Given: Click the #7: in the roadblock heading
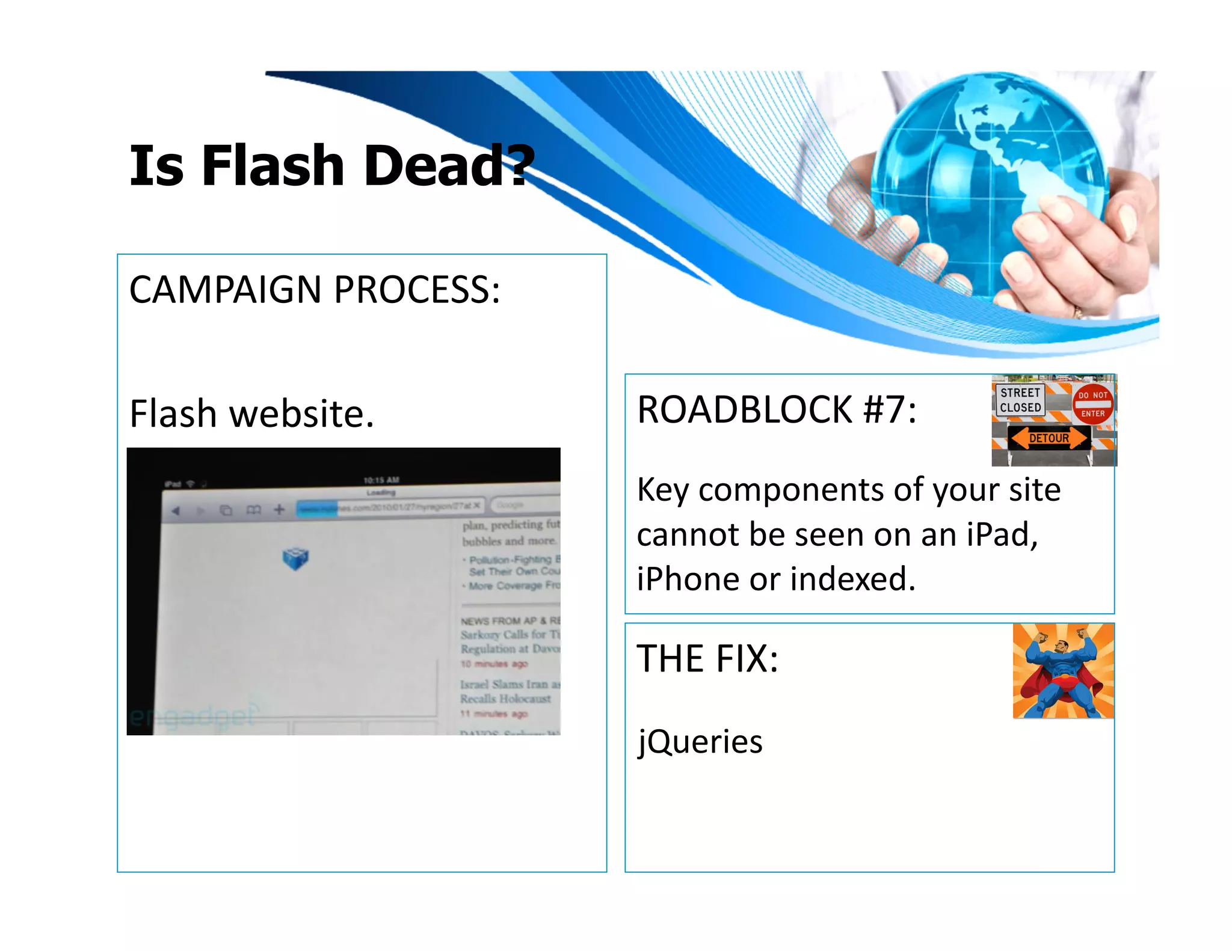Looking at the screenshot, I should point(889,410).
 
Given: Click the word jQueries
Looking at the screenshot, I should point(700,742).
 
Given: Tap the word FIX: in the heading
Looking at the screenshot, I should point(746,659).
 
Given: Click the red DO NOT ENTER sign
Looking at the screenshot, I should point(1092,404).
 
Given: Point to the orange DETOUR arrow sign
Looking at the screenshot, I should point(1049,438).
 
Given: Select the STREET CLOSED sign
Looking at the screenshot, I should point(1020,400).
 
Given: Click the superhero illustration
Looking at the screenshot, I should point(1063,671).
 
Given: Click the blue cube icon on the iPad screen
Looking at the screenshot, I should point(295,558).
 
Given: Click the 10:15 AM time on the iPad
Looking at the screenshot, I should point(381,480).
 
